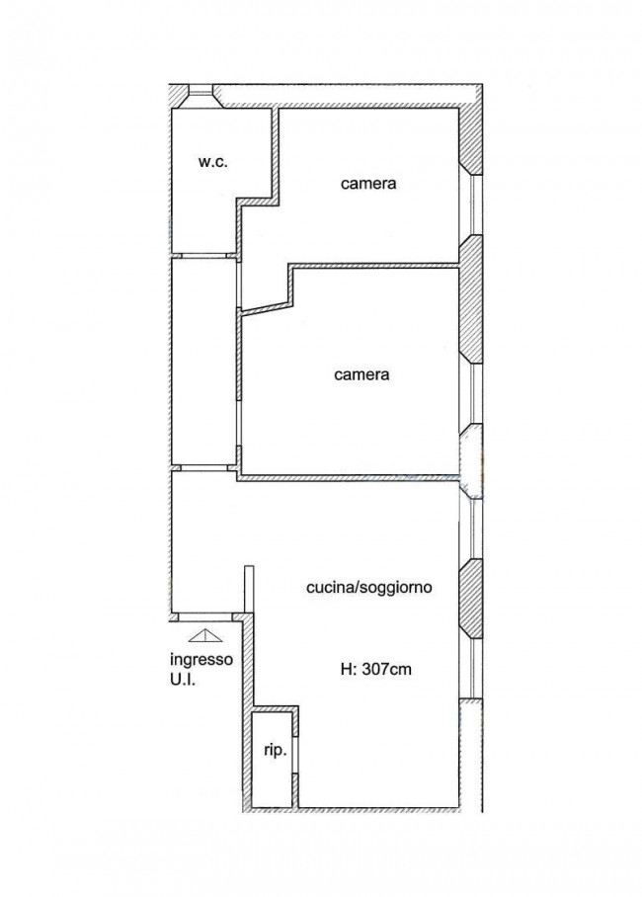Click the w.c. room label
213,162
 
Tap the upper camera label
368,184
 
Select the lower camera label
361,374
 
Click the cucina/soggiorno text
369,588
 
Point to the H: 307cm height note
376,669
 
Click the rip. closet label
276,751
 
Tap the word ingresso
202,660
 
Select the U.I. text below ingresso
183,681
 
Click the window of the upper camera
474,204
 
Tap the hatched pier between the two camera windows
471,299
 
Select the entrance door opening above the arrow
204,617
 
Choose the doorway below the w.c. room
204,256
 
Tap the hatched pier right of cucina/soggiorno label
471,599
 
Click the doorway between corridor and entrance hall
204,467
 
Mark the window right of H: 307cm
474,668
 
